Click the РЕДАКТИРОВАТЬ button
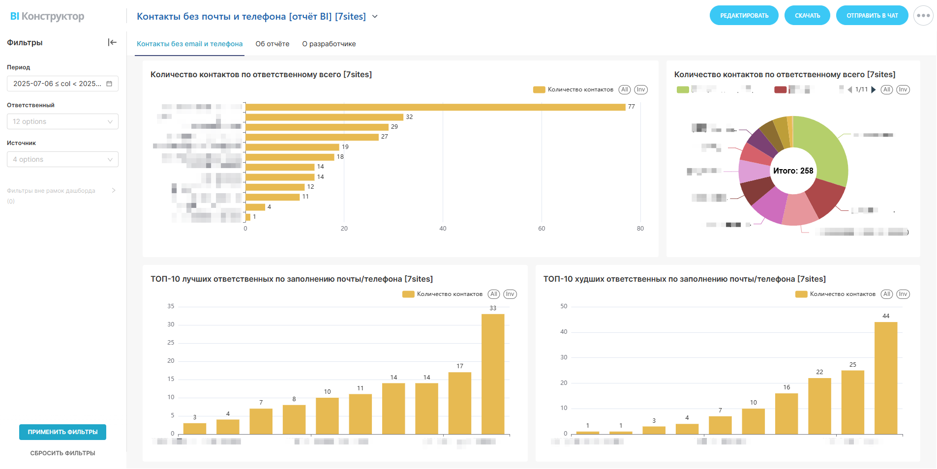744,16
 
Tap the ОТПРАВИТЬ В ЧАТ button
872,16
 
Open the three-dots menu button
923,16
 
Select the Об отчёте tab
272,44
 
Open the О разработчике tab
329,44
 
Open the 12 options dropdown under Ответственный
62,121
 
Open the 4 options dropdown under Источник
62,159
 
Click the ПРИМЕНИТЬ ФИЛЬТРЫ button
62,432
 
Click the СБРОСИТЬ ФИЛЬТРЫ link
62,453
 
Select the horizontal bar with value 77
435,107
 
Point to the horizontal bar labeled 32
324,117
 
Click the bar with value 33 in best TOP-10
493,374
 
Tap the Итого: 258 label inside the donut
793,171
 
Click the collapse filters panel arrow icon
112,42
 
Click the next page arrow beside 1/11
873,89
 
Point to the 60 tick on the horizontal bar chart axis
542,229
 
